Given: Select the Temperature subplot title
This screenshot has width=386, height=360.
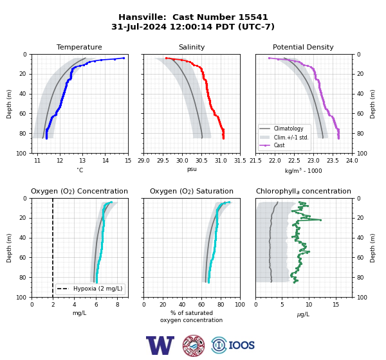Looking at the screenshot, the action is [x=79, y=47].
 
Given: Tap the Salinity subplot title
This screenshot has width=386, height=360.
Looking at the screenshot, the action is [x=192, y=47].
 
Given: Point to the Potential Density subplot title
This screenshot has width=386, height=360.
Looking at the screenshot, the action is [x=303, y=47].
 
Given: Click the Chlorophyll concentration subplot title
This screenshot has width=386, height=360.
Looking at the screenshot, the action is [x=304, y=191].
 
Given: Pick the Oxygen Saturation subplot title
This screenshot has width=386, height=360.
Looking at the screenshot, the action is [x=192, y=191].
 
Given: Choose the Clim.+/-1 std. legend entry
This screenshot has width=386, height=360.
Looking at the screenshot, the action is [x=284, y=137].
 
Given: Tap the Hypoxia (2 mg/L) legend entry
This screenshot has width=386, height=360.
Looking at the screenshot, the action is [x=90, y=289].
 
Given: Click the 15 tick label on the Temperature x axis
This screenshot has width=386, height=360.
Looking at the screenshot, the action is [x=128, y=161].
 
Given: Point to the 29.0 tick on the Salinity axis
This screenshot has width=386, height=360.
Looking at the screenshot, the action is [x=143, y=161].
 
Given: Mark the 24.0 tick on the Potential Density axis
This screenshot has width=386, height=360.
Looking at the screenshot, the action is [x=352, y=161].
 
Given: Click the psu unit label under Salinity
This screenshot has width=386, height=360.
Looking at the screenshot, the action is [x=192, y=169].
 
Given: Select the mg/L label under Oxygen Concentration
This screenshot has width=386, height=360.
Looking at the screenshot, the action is [x=80, y=313].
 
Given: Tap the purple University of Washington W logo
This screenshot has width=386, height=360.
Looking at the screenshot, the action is [x=160, y=345].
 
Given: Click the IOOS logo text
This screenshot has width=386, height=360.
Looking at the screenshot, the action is [x=241, y=345].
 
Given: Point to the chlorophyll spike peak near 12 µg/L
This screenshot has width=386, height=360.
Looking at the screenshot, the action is [x=320, y=220].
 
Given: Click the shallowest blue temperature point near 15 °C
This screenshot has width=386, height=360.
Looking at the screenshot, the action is [x=124, y=58].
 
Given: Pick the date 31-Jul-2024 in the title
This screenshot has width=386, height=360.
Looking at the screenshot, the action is [x=139, y=26].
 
